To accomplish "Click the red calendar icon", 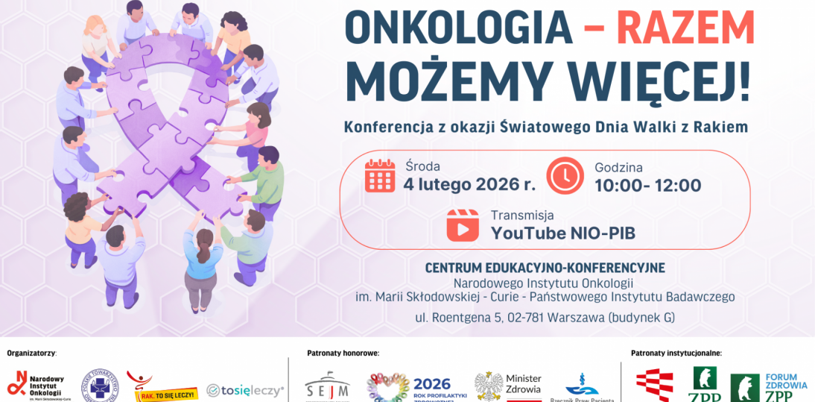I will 380,176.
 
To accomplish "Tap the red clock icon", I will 565,176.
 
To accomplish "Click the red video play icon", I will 463,224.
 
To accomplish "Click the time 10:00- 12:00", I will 647,185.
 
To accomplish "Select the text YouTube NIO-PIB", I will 562,233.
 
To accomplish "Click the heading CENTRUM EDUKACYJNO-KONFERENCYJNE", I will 545,267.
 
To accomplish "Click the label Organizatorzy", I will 31,353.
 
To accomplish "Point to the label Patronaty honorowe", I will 343,353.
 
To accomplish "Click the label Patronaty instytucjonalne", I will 676,353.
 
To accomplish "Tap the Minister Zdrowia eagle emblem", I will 489,386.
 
